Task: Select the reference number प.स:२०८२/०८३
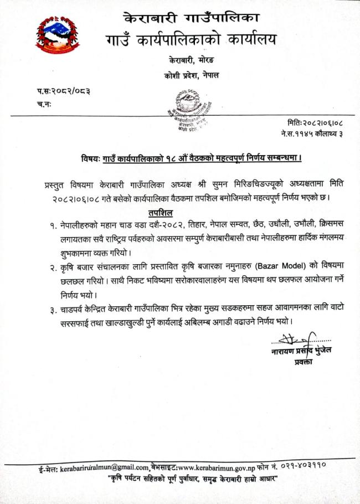click(x=63, y=91)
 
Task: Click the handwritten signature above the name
click(x=294, y=339)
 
